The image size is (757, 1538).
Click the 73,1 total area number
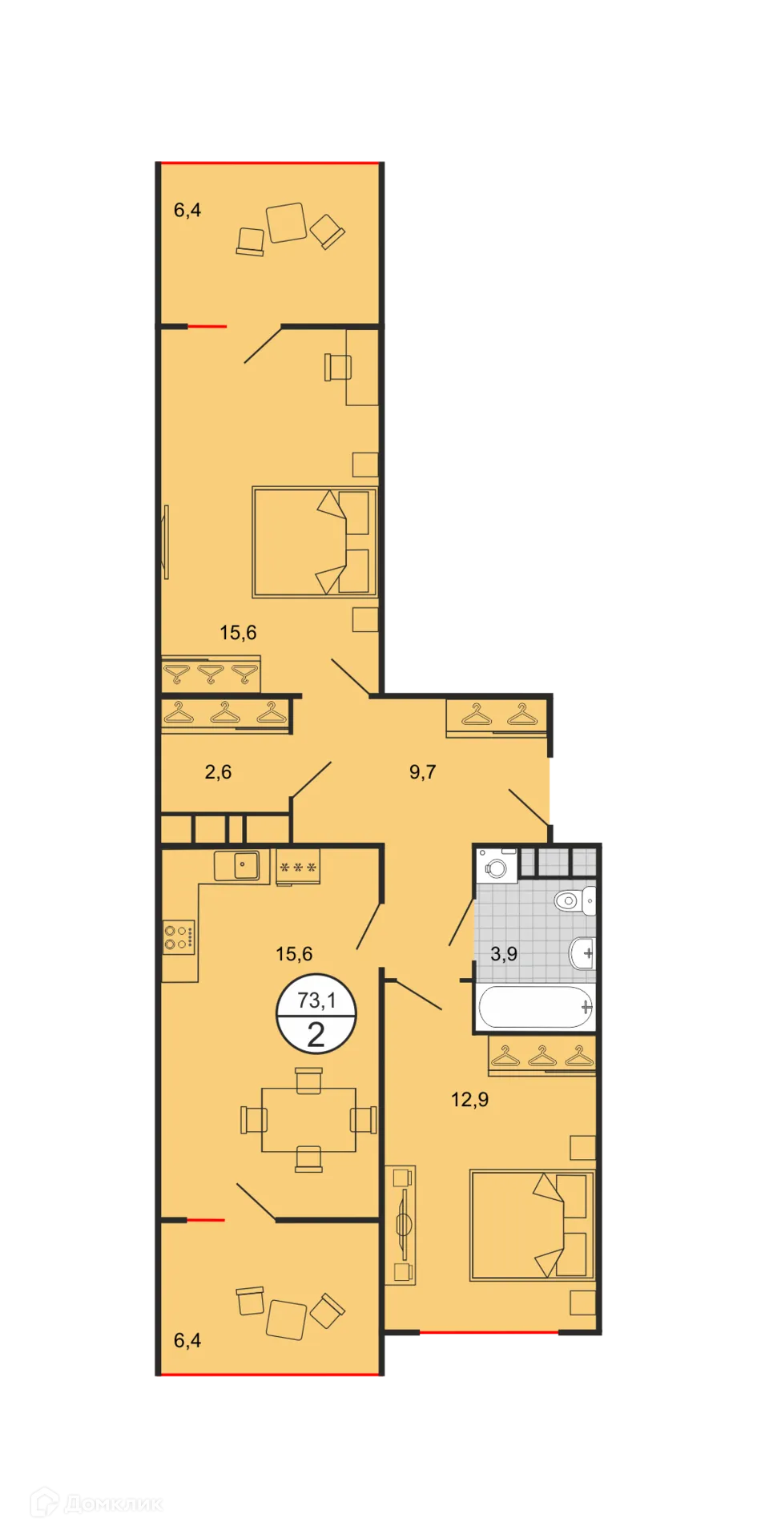(x=316, y=1001)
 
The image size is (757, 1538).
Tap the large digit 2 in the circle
(x=316, y=1036)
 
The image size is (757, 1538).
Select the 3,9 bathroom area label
(x=504, y=954)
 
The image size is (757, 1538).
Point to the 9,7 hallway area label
(x=422, y=772)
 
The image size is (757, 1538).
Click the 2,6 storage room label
(x=218, y=772)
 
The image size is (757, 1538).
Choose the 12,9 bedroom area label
(x=469, y=1100)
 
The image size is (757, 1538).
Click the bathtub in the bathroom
(x=534, y=1007)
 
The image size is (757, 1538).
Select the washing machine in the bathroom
(x=497, y=868)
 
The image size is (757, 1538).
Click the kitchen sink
(x=237, y=866)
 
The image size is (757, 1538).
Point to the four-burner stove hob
(x=179, y=937)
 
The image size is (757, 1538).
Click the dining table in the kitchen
(x=309, y=1119)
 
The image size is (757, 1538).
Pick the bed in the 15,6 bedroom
(x=314, y=542)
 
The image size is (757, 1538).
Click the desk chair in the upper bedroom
(x=337, y=367)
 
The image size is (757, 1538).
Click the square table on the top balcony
(x=286, y=222)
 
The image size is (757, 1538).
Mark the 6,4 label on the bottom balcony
(x=187, y=1340)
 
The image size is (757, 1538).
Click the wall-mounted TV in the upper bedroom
(x=166, y=542)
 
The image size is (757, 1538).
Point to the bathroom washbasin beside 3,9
(x=582, y=953)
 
